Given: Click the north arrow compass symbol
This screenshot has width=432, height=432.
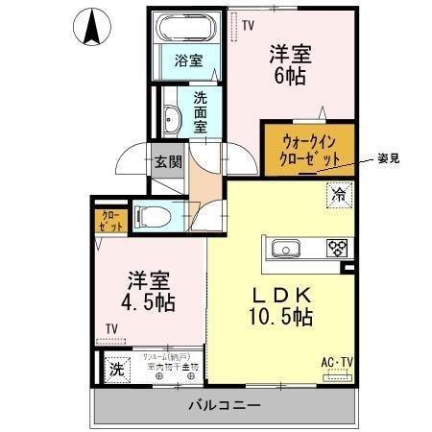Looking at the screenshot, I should [92, 26].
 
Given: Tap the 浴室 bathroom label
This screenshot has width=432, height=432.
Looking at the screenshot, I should [188, 60].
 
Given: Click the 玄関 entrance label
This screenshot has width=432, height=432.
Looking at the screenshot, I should [169, 161].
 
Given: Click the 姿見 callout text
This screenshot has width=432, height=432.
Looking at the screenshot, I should [388, 157].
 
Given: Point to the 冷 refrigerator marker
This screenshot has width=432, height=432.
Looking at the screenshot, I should [338, 195].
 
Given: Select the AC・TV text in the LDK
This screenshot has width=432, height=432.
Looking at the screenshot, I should [336, 362].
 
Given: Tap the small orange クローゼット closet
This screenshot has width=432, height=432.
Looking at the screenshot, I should [112, 222].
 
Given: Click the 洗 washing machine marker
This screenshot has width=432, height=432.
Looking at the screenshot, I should [115, 368].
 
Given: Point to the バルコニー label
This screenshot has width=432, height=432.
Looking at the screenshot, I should [223, 406].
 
